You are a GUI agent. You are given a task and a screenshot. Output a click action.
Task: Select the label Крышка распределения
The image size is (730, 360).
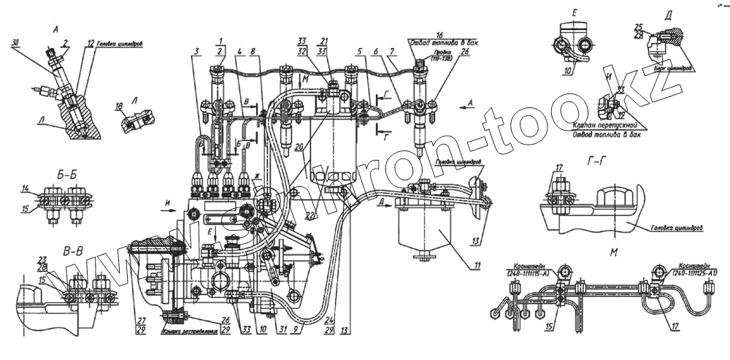[x=188, y=330]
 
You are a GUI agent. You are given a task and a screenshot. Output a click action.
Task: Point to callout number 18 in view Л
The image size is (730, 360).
[x=119, y=106]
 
